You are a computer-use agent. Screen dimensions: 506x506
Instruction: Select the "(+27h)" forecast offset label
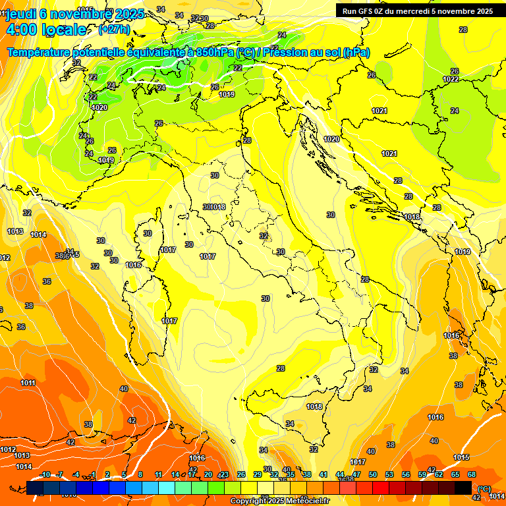click(x=114, y=30)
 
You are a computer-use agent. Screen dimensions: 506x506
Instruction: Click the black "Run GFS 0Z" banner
click(x=417, y=11)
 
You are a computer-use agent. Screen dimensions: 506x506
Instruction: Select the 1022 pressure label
click(x=451, y=79)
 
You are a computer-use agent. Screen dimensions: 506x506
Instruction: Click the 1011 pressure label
click(x=28, y=383)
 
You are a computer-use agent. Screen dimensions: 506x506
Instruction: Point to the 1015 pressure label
click(x=461, y=457)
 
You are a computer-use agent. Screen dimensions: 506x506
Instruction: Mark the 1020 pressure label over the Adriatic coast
click(x=331, y=139)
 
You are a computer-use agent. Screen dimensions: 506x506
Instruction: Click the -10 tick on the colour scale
click(x=45, y=474)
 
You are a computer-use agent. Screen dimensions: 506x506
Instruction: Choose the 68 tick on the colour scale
click(x=472, y=474)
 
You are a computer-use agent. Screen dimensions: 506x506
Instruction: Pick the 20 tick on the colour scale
click(x=208, y=474)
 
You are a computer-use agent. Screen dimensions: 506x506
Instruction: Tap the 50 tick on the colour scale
click(x=373, y=474)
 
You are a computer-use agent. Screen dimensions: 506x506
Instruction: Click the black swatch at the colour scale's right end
click(x=463, y=488)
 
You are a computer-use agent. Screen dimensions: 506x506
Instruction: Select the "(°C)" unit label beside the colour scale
click(x=484, y=488)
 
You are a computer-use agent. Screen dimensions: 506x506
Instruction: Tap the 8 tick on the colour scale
click(x=140, y=474)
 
